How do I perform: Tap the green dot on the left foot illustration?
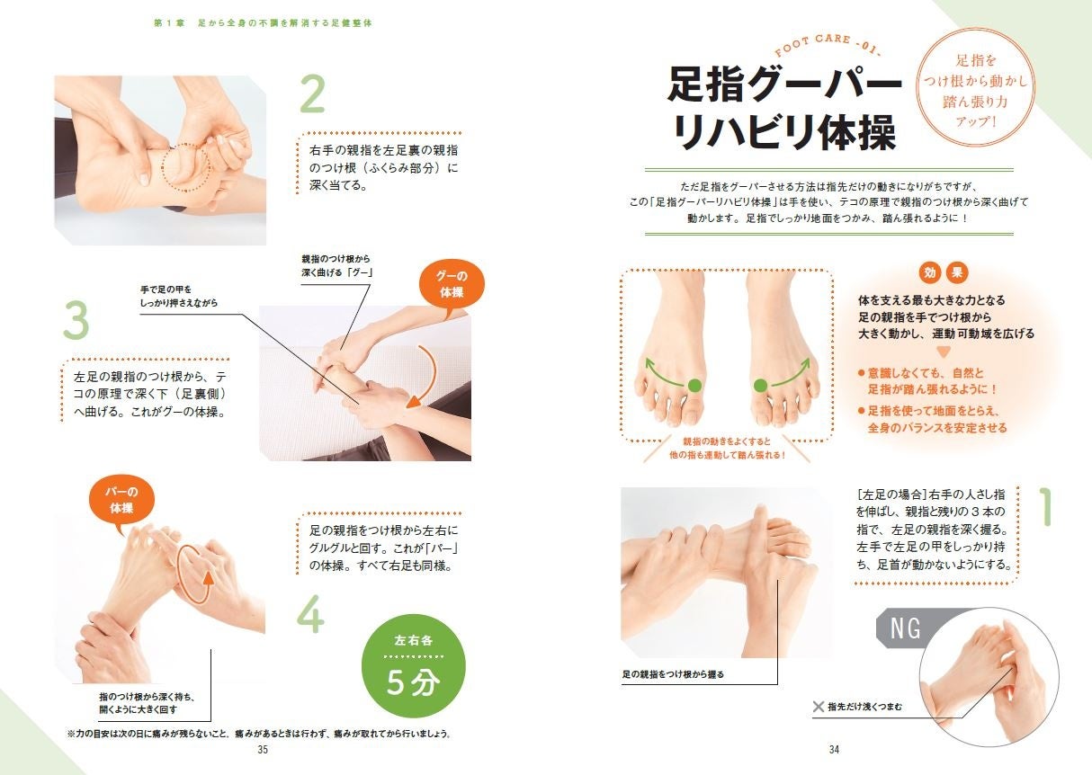coord(694,385)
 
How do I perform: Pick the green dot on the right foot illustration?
coord(760,385)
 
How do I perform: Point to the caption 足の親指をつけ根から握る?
coord(673,674)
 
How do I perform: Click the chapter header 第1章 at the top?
coord(168,22)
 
